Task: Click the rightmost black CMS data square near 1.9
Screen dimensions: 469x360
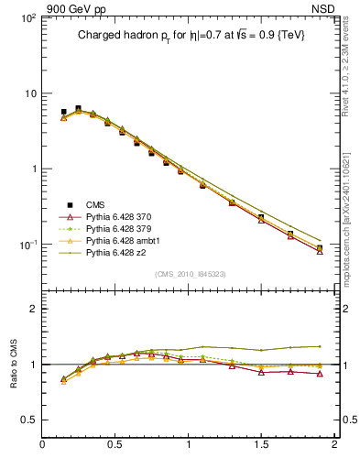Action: point(320,248)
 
